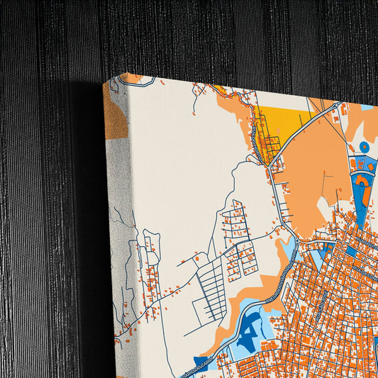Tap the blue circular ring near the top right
365,147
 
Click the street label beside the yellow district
253,135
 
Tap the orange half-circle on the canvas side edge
116,113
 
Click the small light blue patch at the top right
367,107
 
